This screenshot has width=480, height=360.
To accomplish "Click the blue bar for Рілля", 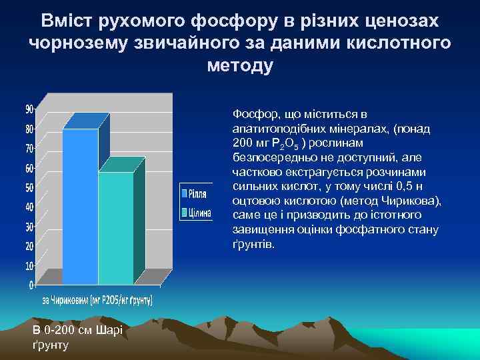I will point(81,207).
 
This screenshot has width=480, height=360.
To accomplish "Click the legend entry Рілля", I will point(195,194).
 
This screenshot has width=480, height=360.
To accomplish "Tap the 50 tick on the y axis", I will point(29,187).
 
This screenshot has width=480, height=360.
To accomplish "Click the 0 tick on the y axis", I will point(31,285).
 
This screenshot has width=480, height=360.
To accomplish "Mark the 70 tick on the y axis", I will point(29,148).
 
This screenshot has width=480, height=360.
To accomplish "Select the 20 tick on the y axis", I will point(29,246).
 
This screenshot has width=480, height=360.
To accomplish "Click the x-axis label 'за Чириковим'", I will point(67,300).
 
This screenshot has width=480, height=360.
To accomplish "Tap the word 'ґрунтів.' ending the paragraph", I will point(253,245).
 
